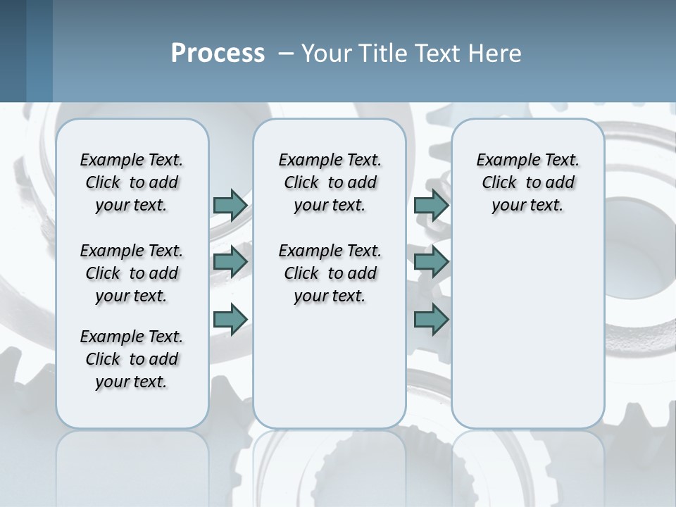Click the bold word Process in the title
tap(218, 53)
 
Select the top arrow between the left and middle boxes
tap(230, 205)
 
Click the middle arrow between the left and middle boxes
tap(230, 262)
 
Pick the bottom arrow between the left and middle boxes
tap(230, 319)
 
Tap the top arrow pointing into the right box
tap(432, 205)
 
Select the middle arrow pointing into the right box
tap(432, 262)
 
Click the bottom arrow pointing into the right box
tap(432, 319)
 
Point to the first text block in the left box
tap(132, 182)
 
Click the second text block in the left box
tap(132, 273)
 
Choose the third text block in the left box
tap(132, 359)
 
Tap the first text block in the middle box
tap(330, 182)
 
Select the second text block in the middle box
tap(330, 273)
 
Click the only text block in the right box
tap(527, 182)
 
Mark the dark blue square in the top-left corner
tap(13, 51)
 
